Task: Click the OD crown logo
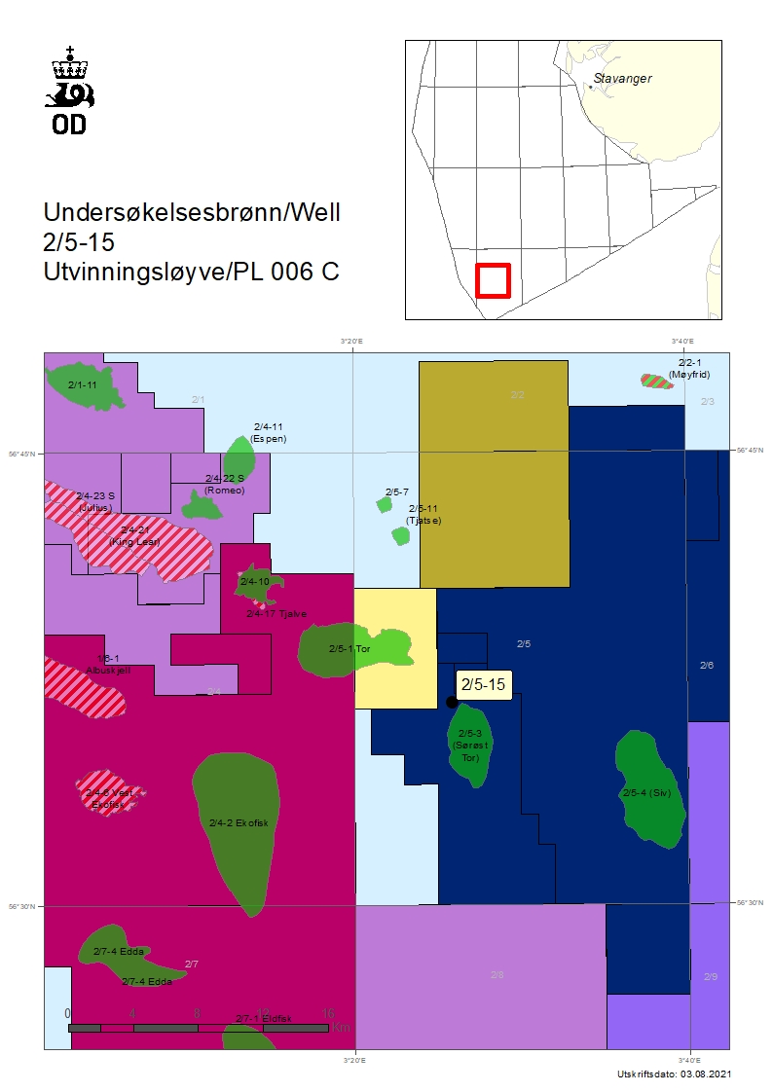tap(70, 89)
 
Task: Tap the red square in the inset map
tap(493, 280)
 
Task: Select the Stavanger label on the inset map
tap(622, 79)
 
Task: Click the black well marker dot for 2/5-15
tap(452, 702)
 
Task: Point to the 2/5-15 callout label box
tap(483, 685)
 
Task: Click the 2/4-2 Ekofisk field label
tap(239, 822)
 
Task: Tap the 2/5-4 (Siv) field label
tap(646, 792)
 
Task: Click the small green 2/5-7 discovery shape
tap(384, 504)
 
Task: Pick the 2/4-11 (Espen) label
tap(268, 432)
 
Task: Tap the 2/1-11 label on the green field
tap(83, 384)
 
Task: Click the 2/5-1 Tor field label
tap(350, 648)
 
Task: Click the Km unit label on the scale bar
tap(340, 1027)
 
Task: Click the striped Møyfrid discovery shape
tap(657, 381)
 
